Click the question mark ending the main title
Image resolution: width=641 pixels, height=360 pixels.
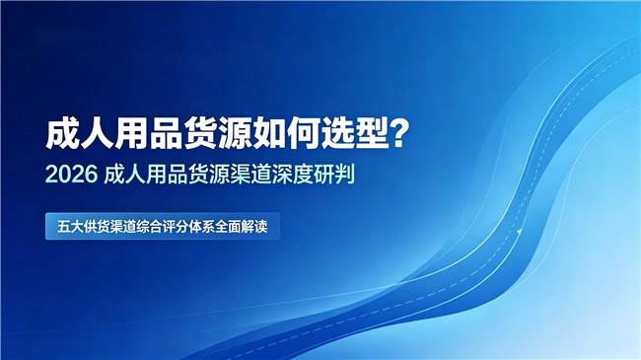click(x=399, y=134)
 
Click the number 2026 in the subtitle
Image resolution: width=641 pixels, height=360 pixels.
click(x=72, y=175)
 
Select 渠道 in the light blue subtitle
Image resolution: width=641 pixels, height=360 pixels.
click(x=250, y=175)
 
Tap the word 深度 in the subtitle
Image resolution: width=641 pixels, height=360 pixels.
click(x=292, y=175)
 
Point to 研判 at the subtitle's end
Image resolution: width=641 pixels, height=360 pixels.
click(x=334, y=175)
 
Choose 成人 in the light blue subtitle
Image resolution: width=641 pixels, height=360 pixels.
click(x=125, y=175)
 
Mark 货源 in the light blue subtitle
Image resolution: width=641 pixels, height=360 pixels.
click(x=209, y=175)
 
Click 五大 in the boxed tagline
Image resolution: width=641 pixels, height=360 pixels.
click(x=70, y=227)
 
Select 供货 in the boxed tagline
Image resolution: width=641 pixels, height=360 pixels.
click(x=97, y=227)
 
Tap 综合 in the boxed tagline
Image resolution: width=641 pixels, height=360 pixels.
click(x=149, y=227)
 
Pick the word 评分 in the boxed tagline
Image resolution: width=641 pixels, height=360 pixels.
click(x=176, y=227)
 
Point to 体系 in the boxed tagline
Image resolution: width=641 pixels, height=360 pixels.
click(x=201, y=227)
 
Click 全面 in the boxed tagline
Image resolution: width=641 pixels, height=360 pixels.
click(x=228, y=227)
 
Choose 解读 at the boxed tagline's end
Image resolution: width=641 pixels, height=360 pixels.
click(x=254, y=227)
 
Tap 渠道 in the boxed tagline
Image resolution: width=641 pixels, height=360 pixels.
click(x=122, y=227)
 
